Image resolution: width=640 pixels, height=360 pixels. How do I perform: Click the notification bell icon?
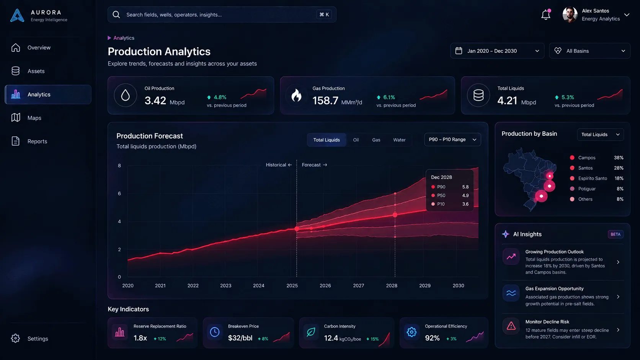click(545, 15)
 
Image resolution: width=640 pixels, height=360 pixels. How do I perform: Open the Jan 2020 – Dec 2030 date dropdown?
click(497, 51)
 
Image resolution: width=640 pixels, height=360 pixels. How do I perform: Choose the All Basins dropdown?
click(590, 51)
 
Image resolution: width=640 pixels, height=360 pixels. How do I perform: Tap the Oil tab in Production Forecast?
click(356, 140)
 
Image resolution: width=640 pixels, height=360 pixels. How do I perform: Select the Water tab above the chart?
click(399, 140)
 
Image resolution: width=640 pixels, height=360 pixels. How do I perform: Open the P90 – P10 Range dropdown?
click(452, 140)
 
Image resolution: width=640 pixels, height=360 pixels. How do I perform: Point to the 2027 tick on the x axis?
click(358, 285)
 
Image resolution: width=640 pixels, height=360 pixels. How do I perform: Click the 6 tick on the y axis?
click(119, 194)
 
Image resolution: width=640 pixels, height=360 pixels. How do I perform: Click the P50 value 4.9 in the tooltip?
click(465, 195)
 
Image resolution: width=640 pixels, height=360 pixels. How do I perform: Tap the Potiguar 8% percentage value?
click(620, 189)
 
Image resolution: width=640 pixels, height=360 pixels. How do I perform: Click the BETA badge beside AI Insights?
click(616, 235)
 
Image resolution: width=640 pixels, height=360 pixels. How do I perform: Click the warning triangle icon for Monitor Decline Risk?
click(511, 326)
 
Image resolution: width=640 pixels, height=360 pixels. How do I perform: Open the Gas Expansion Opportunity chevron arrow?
click(618, 297)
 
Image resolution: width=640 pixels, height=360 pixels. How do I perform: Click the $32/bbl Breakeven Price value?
click(240, 338)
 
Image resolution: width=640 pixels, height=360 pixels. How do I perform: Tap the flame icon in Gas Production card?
click(296, 95)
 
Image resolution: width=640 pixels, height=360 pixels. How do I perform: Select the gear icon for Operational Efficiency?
click(411, 332)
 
